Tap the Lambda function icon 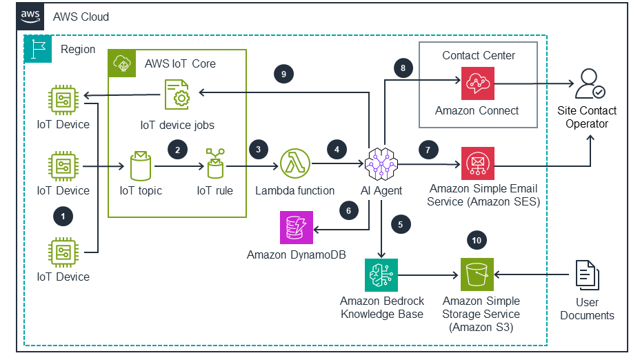[294, 165]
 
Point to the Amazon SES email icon [477, 165]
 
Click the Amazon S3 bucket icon [477, 277]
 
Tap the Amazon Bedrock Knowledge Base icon [381, 277]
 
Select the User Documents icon [587, 276]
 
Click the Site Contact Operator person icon [588, 85]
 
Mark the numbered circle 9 [282, 74]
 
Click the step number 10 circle [477, 240]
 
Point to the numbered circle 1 [63, 217]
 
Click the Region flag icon [38, 50]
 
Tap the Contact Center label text [479, 55]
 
